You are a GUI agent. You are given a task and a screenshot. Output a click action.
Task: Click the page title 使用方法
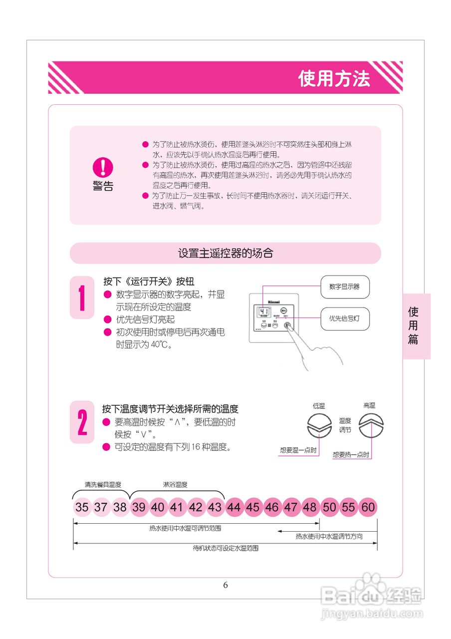coord(334,78)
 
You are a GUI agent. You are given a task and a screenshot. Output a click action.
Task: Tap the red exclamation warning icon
coord(103,167)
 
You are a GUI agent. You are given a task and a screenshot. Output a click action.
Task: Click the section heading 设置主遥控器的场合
coord(225,253)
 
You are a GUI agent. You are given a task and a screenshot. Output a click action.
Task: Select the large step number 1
coord(82,298)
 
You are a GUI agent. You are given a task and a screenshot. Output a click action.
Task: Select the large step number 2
coord(82,422)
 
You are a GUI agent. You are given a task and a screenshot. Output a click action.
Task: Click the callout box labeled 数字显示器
coord(344,287)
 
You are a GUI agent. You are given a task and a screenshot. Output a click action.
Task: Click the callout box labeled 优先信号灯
coord(344,318)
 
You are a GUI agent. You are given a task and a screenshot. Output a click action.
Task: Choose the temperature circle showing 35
coord(82,508)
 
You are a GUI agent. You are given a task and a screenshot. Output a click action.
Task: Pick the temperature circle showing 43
coord(215,508)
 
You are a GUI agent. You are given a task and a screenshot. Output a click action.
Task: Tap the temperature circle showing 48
coord(310,508)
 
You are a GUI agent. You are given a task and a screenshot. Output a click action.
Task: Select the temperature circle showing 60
coord(368,508)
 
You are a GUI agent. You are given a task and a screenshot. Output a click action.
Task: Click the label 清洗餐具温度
coord(103,485)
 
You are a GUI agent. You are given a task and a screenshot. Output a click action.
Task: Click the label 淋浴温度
coord(175,485)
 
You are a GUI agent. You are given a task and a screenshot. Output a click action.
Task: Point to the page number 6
coord(225,585)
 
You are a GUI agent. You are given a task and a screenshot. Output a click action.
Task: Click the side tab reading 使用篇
coord(413,326)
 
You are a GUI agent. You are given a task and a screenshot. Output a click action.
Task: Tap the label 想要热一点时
coord(351,455)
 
